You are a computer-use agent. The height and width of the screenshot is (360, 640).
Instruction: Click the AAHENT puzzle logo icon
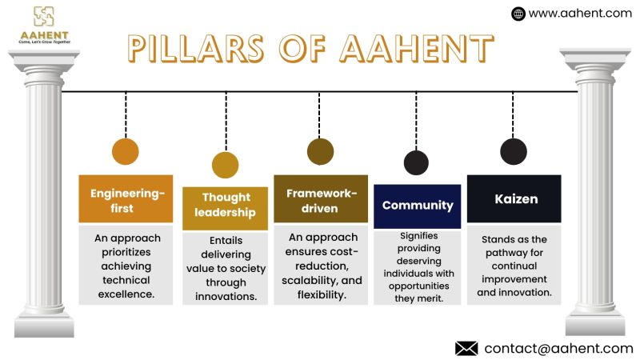pyautogui.click(x=43, y=16)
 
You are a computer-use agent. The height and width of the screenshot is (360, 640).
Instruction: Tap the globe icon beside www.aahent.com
pyautogui.click(x=518, y=13)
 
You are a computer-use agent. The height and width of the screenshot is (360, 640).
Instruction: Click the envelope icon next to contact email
pyautogui.click(x=466, y=348)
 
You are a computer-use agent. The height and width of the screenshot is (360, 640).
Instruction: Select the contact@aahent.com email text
pyautogui.click(x=558, y=348)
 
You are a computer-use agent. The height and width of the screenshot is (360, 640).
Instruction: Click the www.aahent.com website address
pyautogui.click(x=580, y=13)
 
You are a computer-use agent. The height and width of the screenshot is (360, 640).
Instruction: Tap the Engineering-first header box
pyautogui.click(x=126, y=200)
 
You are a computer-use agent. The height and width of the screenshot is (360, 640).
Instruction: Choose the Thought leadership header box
pyautogui.click(x=226, y=205)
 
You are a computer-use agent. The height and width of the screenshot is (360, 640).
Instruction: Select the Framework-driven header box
pyautogui.click(x=320, y=200)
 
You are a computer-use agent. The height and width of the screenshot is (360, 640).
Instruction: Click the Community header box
pyautogui.click(x=418, y=206)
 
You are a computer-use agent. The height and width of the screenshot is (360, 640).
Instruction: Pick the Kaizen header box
pyautogui.click(x=514, y=199)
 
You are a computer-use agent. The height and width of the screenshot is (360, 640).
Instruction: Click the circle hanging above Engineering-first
pyautogui.click(x=126, y=151)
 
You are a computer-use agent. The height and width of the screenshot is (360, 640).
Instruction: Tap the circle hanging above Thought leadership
pyautogui.click(x=226, y=164)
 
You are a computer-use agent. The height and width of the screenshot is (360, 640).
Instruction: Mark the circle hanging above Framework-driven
pyautogui.click(x=320, y=151)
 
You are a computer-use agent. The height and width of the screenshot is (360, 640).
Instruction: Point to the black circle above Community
pyautogui.click(x=416, y=162)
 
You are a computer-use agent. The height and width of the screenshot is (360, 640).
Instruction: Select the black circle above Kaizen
pyautogui.click(x=513, y=151)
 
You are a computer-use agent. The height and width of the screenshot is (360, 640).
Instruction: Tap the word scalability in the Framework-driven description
pyautogui.click(x=311, y=280)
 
